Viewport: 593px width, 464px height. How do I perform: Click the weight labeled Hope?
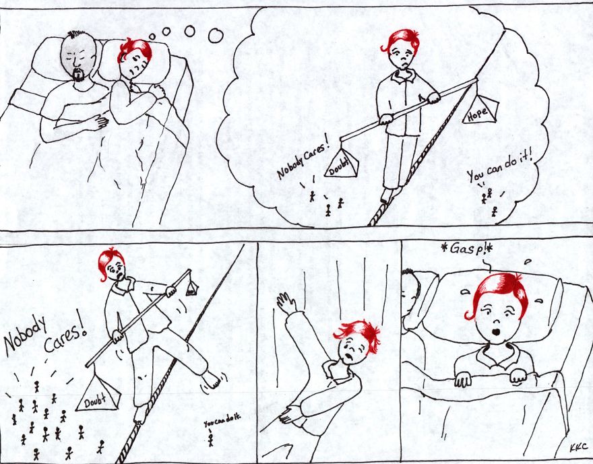click(x=480, y=108)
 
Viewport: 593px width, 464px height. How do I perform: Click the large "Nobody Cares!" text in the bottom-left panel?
click(x=44, y=335)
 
